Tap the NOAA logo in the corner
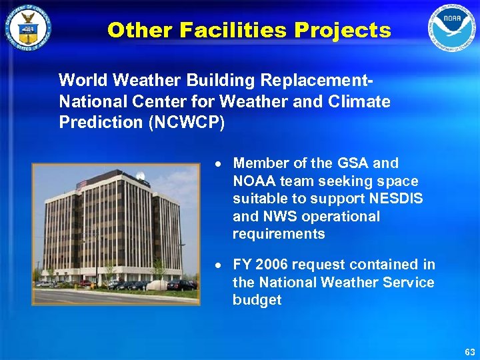tap(453, 29)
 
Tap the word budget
tap(257, 300)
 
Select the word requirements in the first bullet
tap(279, 234)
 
